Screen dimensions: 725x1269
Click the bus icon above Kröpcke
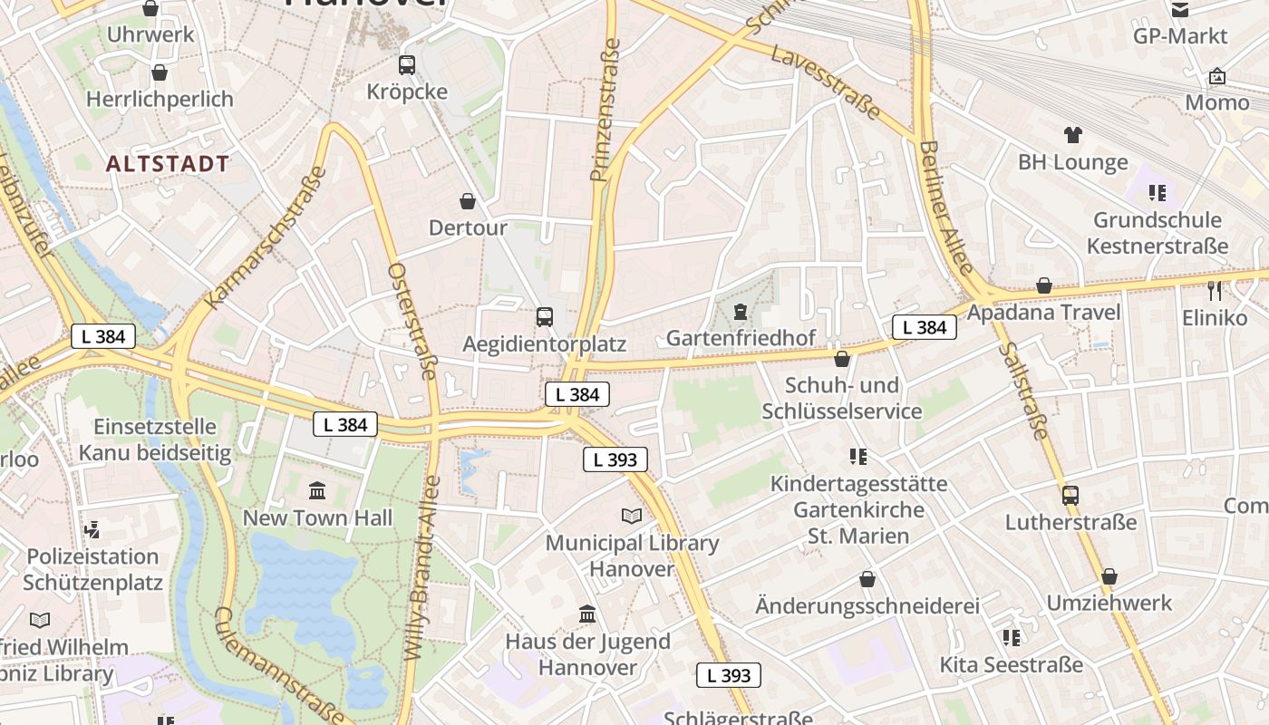pos(406,65)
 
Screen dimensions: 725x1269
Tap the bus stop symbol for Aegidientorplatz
pos(544,316)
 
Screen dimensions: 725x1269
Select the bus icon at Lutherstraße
pos(1070,496)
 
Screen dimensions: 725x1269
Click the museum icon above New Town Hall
pos(317,490)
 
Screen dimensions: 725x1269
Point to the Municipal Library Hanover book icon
pos(631,516)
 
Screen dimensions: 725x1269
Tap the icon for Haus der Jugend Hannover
pos(587,614)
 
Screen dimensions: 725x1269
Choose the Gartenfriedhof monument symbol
pos(741,312)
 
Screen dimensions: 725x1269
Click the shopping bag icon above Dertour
pos(468,200)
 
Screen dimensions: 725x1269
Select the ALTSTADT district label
pos(168,164)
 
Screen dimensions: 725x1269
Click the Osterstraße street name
pos(412,321)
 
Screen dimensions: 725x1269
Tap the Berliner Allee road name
pos(945,207)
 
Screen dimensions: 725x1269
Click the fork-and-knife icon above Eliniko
pos(1216,290)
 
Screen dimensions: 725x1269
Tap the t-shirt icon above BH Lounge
pos(1073,135)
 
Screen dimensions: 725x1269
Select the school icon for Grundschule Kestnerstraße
pos(1157,192)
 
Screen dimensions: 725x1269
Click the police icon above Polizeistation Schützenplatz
pos(92,528)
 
